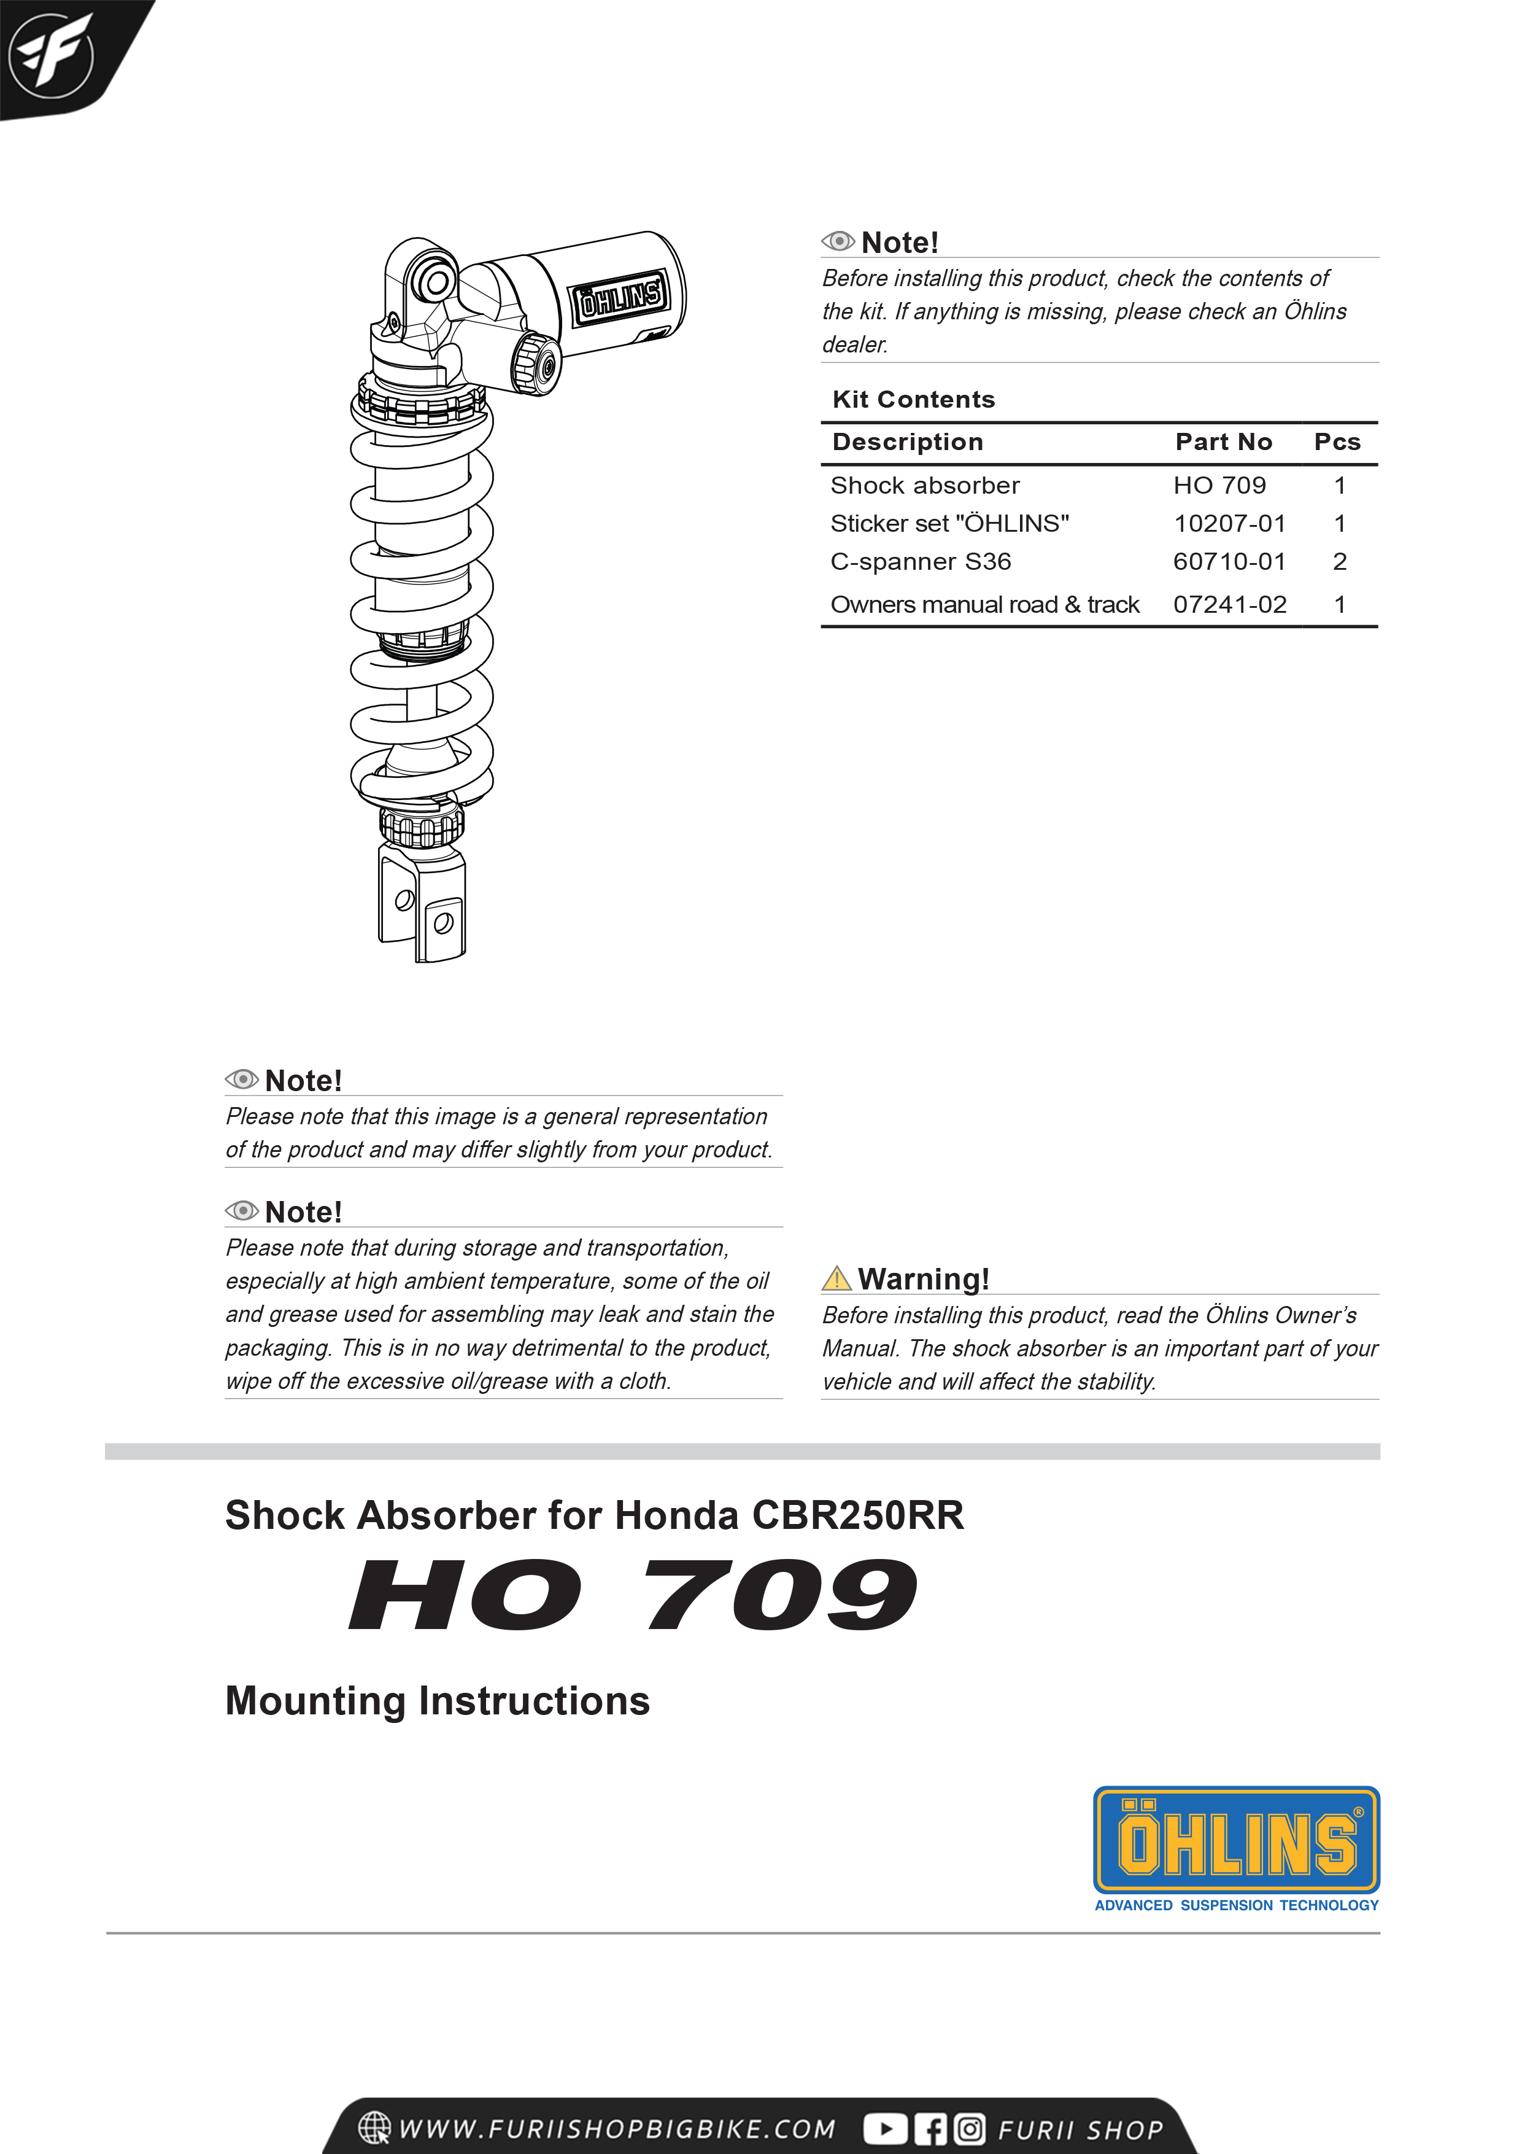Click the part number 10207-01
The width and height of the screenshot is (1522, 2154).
pos(1229,524)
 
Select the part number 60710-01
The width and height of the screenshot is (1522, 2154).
pos(1229,562)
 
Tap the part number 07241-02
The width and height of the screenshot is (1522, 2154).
pos(1229,604)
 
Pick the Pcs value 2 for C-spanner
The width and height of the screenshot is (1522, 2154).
pos(1339,562)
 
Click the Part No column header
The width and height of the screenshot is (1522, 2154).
pos(1223,442)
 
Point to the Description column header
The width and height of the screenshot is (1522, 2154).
pos(907,442)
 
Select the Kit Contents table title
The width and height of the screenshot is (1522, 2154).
pos(913,400)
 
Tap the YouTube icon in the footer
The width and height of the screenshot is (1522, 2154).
pos(884,2129)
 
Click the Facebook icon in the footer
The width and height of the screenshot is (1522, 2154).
pos(930,2129)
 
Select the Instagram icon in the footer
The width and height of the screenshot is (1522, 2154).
pos(970,2129)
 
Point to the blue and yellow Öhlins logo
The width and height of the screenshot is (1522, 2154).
pos(1236,1841)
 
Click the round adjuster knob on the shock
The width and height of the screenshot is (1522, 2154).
pos(536,364)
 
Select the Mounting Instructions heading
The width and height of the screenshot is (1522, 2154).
pos(437,1700)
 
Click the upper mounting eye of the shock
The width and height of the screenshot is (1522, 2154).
pos(433,281)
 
